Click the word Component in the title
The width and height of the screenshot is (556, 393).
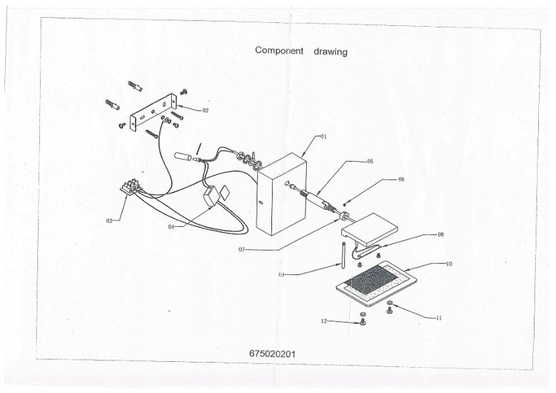tap(279, 50)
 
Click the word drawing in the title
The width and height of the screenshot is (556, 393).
tap(331, 52)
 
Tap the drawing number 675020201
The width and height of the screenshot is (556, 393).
tap(272, 354)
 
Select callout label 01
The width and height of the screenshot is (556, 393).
tap(323, 136)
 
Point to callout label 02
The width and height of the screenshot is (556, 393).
tap(205, 110)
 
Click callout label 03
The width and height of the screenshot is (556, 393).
tap(109, 221)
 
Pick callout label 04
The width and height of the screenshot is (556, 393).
tap(171, 227)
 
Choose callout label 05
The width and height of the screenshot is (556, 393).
tap(370, 162)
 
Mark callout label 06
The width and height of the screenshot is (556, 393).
tap(401, 179)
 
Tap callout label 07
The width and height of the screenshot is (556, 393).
tap(242, 250)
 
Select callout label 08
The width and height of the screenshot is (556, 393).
tap(441, 234)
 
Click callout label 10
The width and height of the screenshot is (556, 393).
tap(449, 264)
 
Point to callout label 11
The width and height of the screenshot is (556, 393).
tap(439, 318)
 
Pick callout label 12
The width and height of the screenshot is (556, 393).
tap(324, 321)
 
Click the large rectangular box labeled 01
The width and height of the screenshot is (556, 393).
tap(282, 194)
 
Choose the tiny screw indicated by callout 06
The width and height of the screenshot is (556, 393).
tap(345, 204)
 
